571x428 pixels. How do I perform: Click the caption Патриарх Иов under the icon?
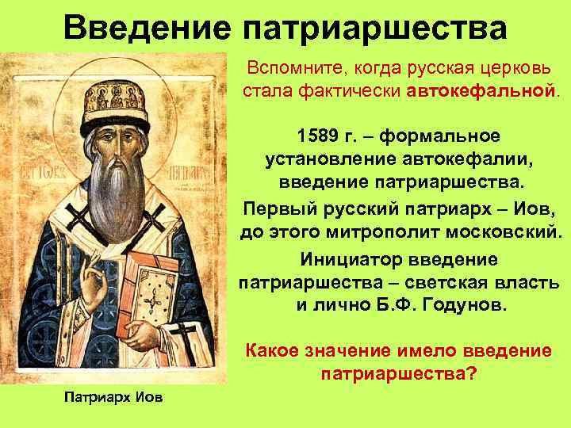pyautogui.click(x=110, y=397)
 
